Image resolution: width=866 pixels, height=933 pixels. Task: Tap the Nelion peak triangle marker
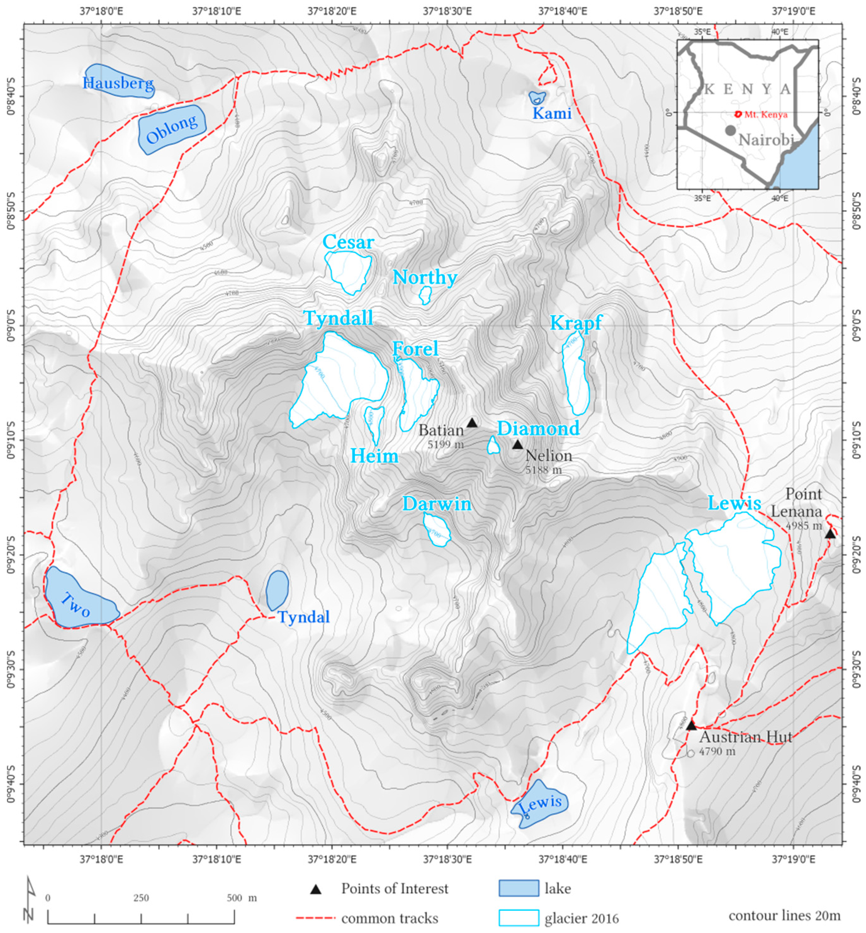(517, 445)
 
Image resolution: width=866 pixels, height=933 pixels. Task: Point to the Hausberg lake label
(118, 83)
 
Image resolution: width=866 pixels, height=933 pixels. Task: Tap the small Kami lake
(537, 98)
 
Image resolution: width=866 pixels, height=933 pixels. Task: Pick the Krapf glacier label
(576, 323)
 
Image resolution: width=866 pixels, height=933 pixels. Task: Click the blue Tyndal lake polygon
(278, 590)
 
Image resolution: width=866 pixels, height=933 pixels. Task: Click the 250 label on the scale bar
(141, 898)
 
